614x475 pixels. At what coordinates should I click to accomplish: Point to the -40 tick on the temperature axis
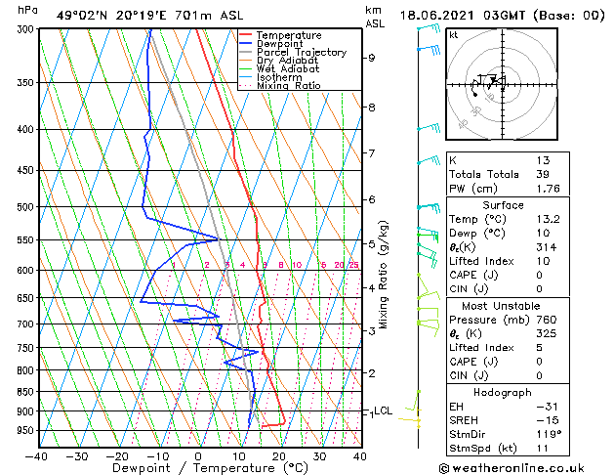tap(37, 455)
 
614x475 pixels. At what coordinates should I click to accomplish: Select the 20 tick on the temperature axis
tap(278, 455)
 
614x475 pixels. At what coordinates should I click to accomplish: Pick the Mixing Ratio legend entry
tap(288, 86)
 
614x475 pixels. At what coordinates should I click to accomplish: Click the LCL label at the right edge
tap(383, 411)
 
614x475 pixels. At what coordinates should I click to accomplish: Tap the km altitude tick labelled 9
tap(372, 58)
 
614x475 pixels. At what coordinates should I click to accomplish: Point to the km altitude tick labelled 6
tap(372, 199)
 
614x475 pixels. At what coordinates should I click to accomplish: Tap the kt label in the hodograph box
tap(454, 35)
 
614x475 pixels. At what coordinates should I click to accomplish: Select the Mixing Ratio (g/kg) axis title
tap(385, 274)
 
